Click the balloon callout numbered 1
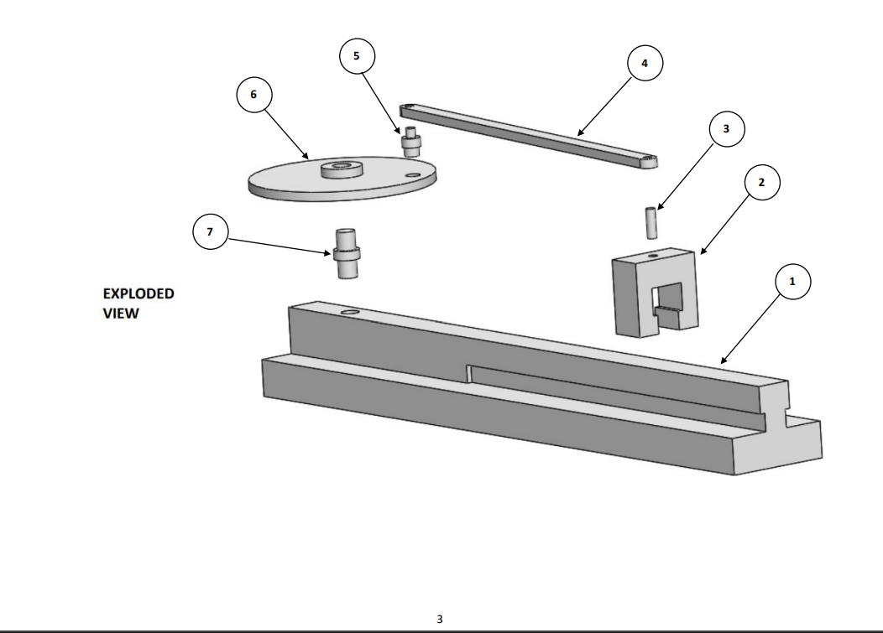pos(789,283)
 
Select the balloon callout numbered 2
pos(761,183)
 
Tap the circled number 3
pos(726,130)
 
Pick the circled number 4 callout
pos(645,63)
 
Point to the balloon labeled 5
pos(357,56)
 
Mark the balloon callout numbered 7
pos(210,232)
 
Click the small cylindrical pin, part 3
pos(650,222)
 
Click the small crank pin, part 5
pos(412,142)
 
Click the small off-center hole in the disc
pos(411,175)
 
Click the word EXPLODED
pos(138,294)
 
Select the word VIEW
pos(121,314)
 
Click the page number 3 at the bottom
pos(441,619)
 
